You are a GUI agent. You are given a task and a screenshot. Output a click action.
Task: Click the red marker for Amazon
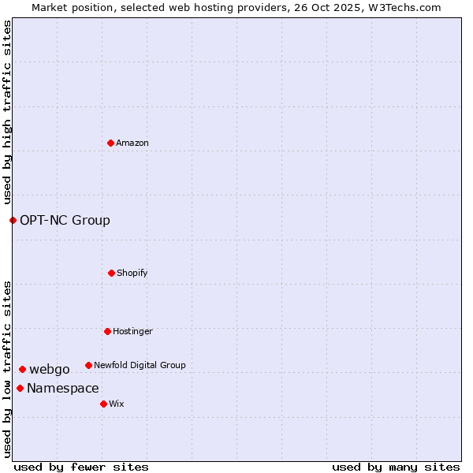[x=110, y=143]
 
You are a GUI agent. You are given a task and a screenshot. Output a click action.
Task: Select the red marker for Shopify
[x=111, y=273]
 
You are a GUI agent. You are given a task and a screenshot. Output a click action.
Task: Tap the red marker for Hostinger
[x=107, y=331]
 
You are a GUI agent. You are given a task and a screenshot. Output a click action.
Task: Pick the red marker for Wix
[x=103, y=404]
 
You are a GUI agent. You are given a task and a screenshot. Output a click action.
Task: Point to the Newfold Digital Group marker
[x=88, y=365]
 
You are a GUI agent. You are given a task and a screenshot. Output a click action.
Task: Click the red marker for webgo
[x=22, y=369]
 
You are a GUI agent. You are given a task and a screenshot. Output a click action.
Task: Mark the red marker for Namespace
[x=20, y=388]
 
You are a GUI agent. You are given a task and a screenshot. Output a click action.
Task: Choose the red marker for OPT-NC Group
[x=13, y=220]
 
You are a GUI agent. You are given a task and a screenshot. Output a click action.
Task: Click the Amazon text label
[x=132, y=143]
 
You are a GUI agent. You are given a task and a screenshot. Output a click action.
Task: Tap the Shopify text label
[x=132, y=273]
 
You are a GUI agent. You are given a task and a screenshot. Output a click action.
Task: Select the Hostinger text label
[x=132, y=331]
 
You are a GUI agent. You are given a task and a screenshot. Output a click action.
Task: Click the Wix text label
[x=117, y=404]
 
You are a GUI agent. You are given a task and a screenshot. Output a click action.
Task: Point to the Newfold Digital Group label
[x=140, y=365]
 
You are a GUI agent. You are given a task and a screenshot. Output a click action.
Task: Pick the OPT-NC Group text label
[x=65, y=220]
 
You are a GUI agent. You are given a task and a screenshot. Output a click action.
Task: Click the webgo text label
[x=50, y=369]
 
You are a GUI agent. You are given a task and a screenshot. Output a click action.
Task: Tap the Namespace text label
[x=63, y=388]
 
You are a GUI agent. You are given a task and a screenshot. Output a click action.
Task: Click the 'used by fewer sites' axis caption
[x=80, y=467]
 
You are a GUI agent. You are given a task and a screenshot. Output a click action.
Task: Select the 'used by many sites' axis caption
[x=396, y=467]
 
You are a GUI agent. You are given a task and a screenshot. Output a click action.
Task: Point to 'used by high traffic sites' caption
[x=7, y=112]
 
